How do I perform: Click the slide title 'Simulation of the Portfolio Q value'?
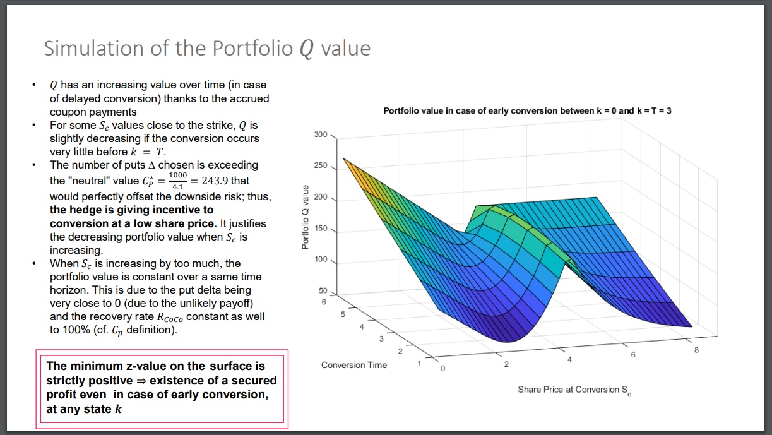pyautogui.click(x=206, y=49)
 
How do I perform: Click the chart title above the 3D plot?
pyautogui.click(x=527, y=110)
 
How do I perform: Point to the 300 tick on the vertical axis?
pyautogui.click(x=321, y=134)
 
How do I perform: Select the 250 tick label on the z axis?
pyautogui.click(x=321, y=166)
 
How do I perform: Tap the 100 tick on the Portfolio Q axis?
pyautogui.click(x=321, y=259)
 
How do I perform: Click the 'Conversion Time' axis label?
pyautogui.click(x=354, y=365)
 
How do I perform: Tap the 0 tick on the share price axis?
pyautogui.click(x=442, y=368)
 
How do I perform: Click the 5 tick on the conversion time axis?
pyautogui.click(x=343, y=314)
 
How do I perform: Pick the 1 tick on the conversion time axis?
pyautogui.click(x=419, y=362)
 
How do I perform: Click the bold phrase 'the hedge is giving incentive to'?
pyautogui.click(x=131, y=210)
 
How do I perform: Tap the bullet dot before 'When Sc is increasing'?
pyautogui.click(x=36, y=263)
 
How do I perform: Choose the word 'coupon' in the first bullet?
pyautogui.click(x=67, y=112)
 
